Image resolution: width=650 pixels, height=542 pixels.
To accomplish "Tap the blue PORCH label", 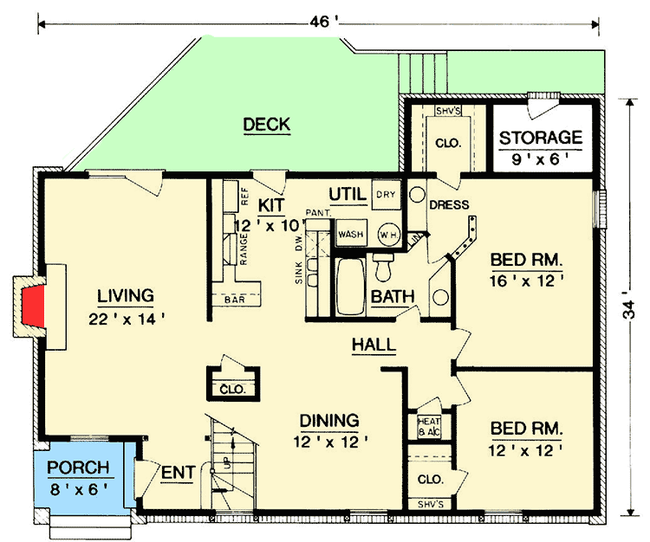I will [79, 468].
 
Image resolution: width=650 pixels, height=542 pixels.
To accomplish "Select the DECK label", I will [266, 125].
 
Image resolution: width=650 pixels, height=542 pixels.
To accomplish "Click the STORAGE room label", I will [540, 137].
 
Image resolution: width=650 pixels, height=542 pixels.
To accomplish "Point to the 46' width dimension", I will [320, 23].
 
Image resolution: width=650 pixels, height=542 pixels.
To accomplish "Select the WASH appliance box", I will [350, 234].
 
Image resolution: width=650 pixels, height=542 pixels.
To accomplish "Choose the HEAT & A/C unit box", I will [426, 427].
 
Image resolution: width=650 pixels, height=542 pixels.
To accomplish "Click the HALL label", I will [374, 345].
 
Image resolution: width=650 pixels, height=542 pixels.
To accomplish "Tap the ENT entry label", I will [176, 473].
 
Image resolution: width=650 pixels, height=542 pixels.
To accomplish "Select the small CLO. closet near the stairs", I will [232, 389].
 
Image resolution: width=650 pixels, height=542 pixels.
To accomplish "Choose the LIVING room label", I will [126, 295].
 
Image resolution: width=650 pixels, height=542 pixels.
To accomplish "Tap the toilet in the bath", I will [383, 266].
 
